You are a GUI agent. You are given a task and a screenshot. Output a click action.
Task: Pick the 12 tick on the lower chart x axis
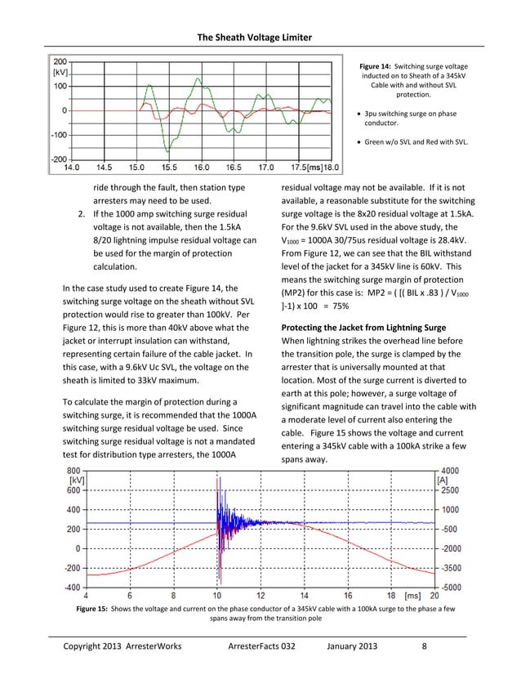tap(260, 597)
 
